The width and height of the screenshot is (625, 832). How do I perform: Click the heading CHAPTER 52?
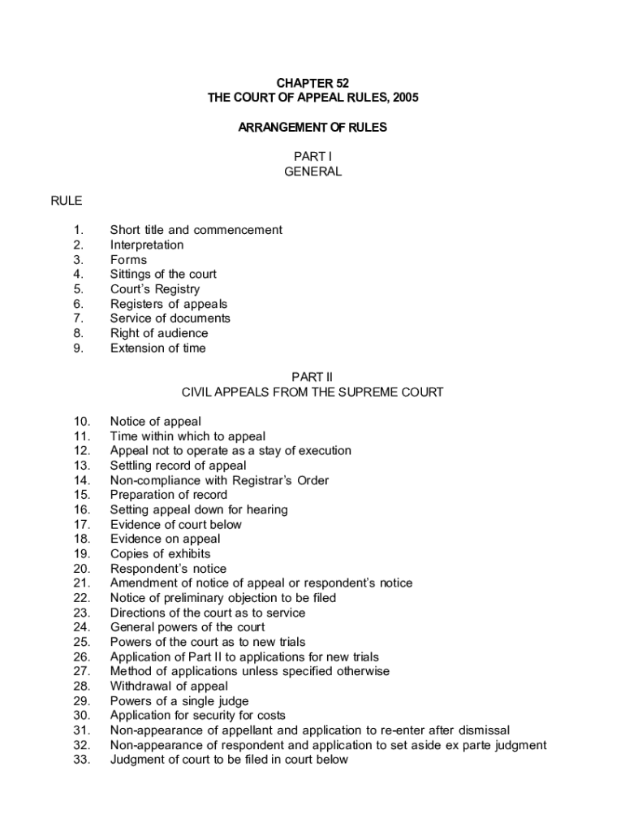(x=312, y=83)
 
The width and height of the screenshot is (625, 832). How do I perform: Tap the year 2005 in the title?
(x=403, y=97)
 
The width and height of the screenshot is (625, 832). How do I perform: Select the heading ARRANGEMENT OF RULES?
(x=312, y=127)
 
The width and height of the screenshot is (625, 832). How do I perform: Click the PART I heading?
(x=312, y=157)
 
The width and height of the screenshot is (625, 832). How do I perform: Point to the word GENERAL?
(x=312, y=171)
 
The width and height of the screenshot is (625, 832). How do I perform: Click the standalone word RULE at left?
(x=67, y=201)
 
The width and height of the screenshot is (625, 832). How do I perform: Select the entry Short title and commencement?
(x=196, y=230)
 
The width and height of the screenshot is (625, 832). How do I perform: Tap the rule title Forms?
(x=128, y=260)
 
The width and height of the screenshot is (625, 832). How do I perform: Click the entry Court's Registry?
(x=154, y=289)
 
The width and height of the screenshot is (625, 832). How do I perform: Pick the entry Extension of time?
(x=157, y=349)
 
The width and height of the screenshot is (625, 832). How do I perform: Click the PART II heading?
(x=312, y=377)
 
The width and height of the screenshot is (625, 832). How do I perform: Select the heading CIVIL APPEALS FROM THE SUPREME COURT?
(x=312, y=392)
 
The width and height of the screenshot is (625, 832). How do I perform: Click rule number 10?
(x=81, y=422)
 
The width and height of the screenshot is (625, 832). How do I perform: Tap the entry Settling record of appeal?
(x=178, y=466)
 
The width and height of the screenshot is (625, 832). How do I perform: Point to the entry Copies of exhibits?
(x=160, y=554)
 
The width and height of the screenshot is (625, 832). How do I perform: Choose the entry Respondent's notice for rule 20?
(x=168, y=569)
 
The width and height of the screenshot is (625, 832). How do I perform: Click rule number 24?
(x=81, y=627)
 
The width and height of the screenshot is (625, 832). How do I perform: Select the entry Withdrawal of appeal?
(x=169, y=687)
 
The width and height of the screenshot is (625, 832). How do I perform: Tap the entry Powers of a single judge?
(x=179, y=701)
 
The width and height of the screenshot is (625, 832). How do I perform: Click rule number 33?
(x=81, y=760)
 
